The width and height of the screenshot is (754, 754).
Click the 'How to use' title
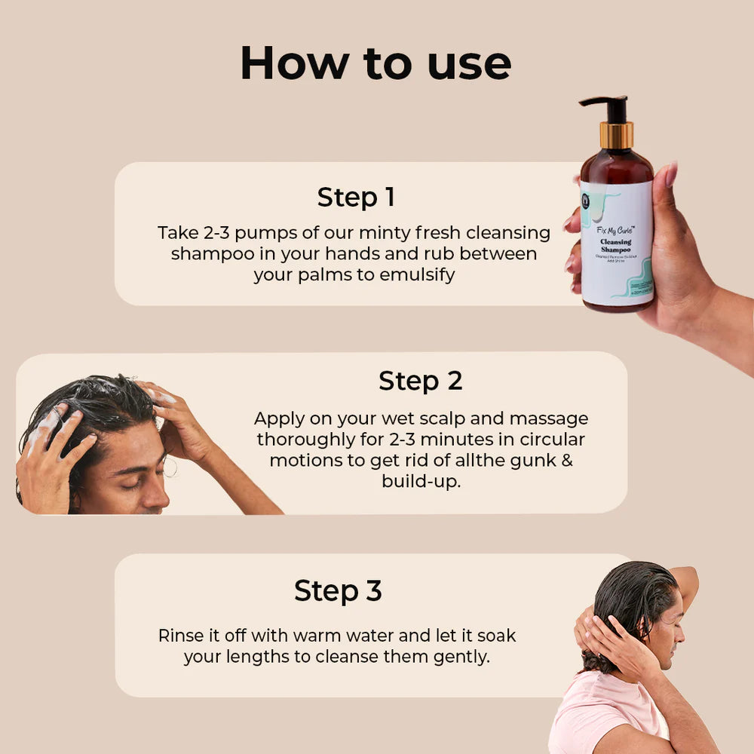375,63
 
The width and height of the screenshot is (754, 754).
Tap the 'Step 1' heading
356,198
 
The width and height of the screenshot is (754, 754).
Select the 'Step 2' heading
420,381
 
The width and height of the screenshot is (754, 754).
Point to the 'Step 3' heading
338,591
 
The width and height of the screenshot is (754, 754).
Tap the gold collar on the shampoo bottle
617,136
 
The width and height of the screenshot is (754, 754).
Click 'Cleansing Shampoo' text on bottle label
616,246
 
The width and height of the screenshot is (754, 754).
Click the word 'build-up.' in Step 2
421,481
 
